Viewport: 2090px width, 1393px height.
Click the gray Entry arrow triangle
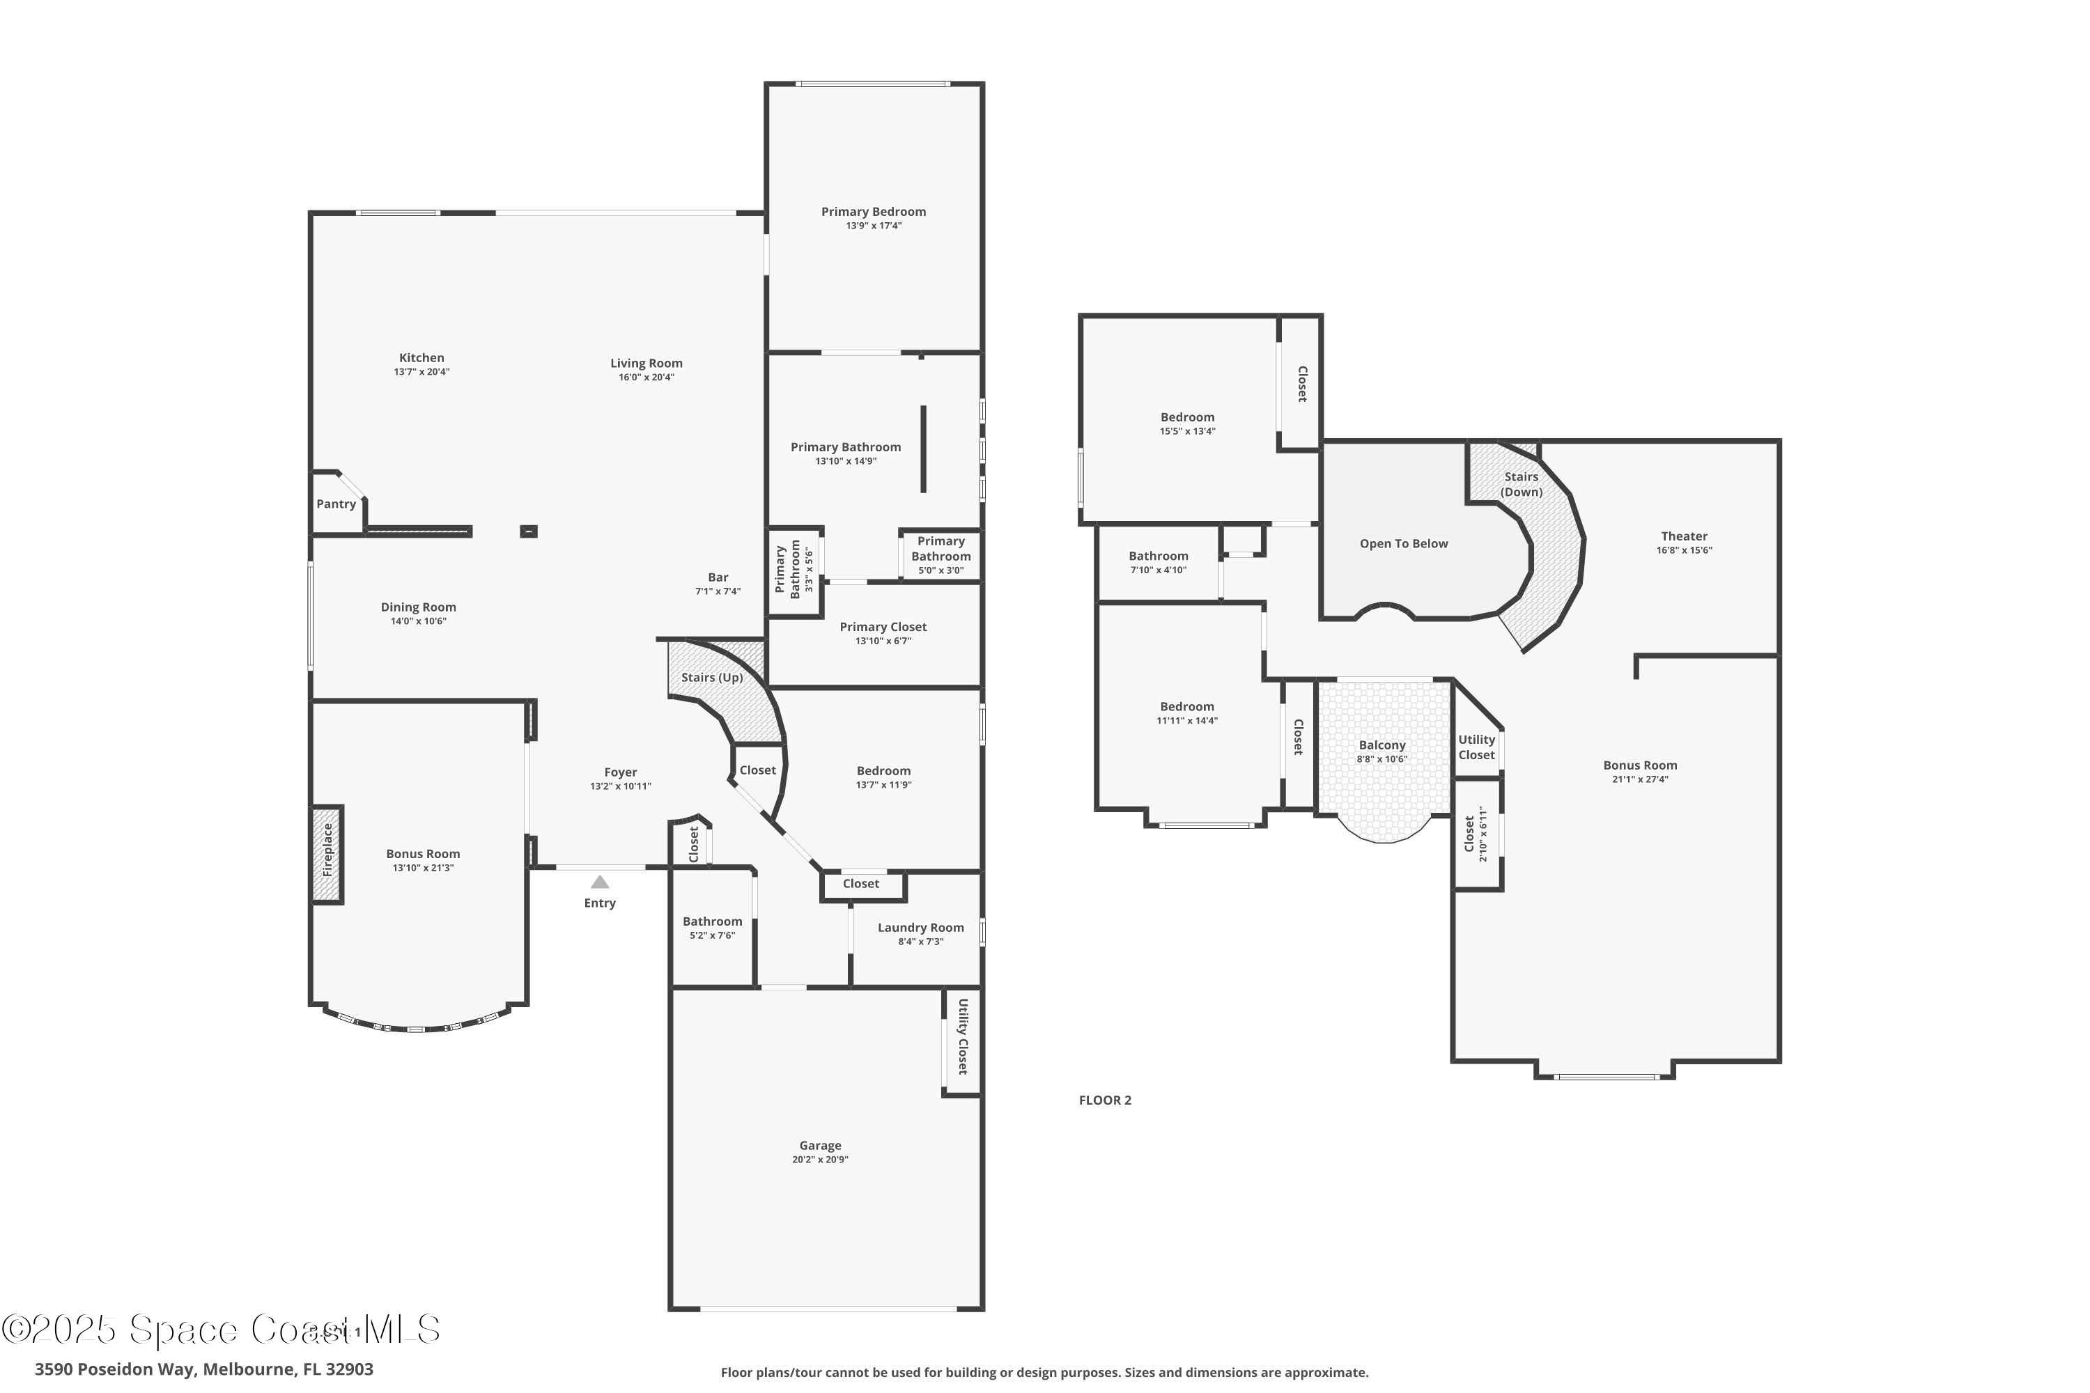(600, 882)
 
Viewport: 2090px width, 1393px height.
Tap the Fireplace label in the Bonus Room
(327, 850)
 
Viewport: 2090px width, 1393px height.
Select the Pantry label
(336, 504)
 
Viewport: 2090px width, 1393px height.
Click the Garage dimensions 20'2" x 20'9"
(819, 1160)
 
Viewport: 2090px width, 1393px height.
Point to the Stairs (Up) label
(712, 677)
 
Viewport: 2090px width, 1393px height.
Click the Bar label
(718, 577)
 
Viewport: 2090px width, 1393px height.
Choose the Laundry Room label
(920, 928)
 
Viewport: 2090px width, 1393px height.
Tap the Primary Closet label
(883, 628)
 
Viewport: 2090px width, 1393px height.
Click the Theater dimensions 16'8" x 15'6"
(1684, 550)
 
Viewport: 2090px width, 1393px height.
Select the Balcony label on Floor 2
(1381, 745)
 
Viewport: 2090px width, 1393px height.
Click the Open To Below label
(1403, 544)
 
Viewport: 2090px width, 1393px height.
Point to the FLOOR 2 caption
(1104, 1100)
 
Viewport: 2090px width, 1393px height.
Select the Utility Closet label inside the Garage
(962, 1037)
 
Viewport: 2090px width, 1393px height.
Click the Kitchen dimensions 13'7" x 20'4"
(421, 372)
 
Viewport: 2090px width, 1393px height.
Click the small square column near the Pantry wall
(529, 531)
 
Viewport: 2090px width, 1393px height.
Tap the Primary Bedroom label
(873, 212)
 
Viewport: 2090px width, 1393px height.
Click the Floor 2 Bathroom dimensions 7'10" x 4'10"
(1158, 570)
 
